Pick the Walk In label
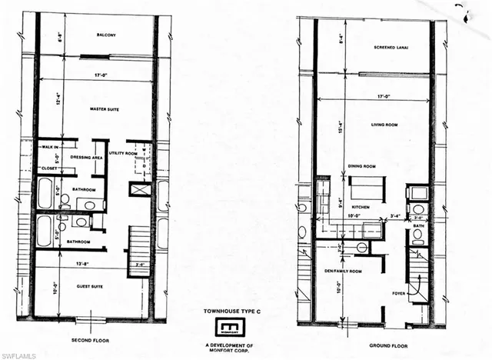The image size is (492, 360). (51, 146)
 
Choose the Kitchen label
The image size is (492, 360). (361, 208)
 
